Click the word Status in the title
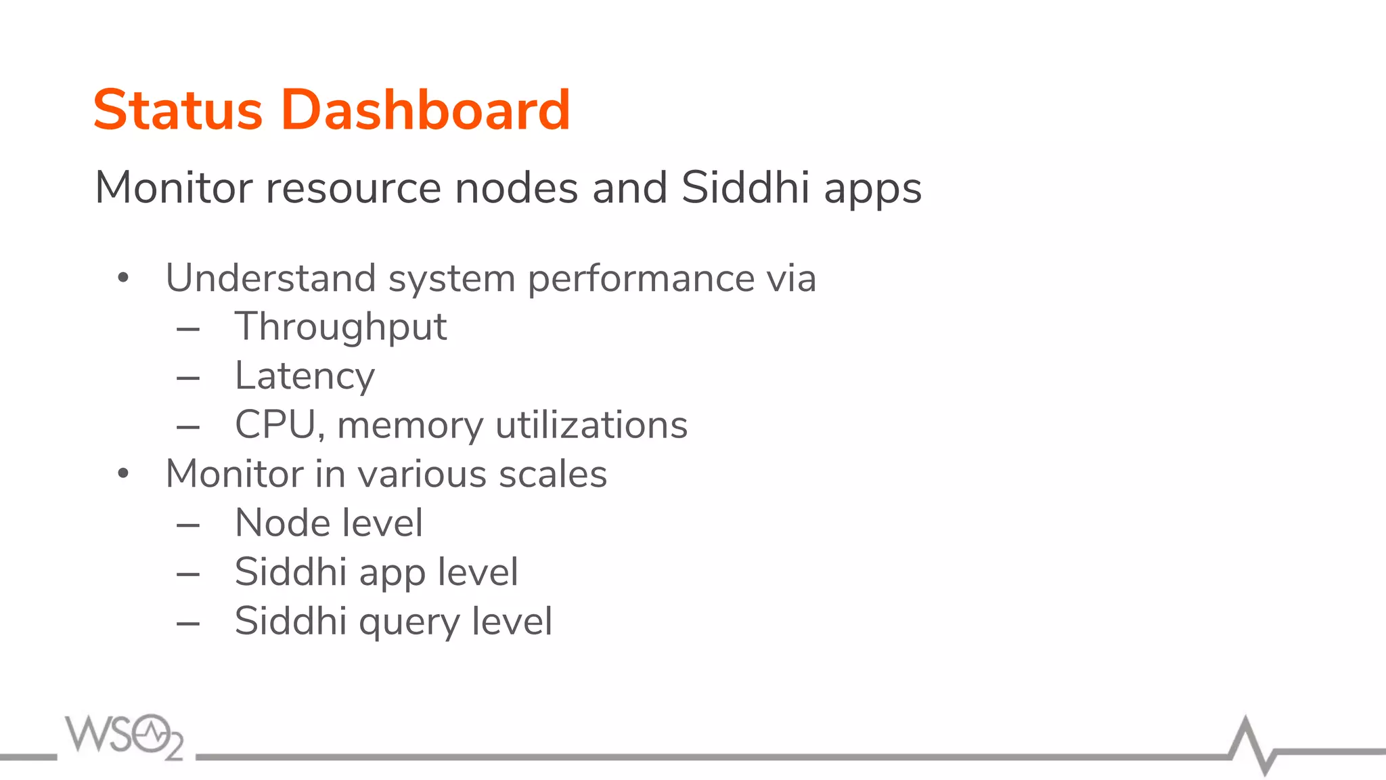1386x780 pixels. click(x=177, y=110)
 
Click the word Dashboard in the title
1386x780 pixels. click(x=426, y=110)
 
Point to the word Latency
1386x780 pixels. click(x=305, y=377)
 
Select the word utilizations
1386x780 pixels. click(x=591, y=425)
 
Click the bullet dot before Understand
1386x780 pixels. click(x=122, y=278)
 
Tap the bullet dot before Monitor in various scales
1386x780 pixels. click(x=122, y=473)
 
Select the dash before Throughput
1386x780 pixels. click(x=188, y=330)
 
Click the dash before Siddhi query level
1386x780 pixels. click(x=188, y=624)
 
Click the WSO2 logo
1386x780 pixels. click(x=125, y=736)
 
